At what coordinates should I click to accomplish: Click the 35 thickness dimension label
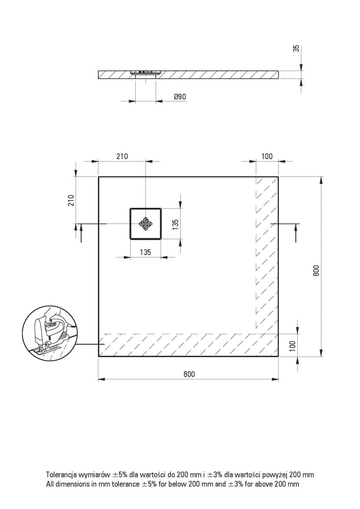(297, 48)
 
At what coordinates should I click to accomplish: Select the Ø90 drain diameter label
(180, 97)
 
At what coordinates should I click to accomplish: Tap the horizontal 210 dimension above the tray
(122, 157)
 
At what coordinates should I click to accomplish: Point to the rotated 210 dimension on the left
(71, 200)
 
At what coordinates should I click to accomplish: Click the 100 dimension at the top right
(267, 157)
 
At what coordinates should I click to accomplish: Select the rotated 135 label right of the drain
(175, 224)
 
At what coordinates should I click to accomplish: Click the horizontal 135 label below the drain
(145, 252)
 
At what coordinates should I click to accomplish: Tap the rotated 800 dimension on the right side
(315, 270)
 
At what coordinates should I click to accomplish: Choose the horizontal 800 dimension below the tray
(189, 374)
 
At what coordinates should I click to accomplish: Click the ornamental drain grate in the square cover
(145, 224)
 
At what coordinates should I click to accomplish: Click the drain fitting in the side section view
(145, 75)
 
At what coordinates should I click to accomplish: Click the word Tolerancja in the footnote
(62, 475)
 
